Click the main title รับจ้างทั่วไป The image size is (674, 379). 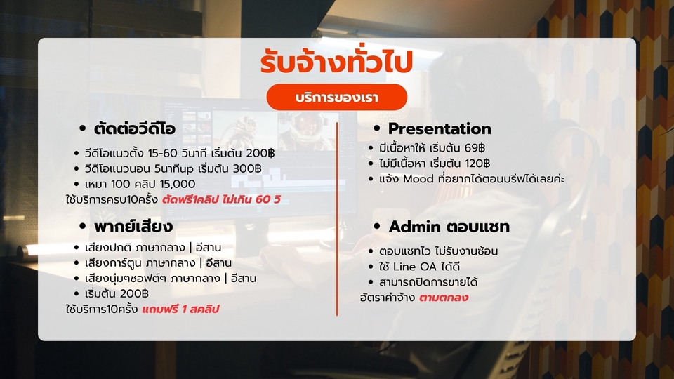pyautogui.click(x=336, y=61)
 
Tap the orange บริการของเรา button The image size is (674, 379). pyautogui.click(x=337, y=97)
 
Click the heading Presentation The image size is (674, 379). pyautogui.click(x=440, y=128)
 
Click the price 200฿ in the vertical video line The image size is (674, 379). pyautogui.click(x=260, y=153)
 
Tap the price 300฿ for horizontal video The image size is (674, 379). pyautogui.click(x=247, y=168)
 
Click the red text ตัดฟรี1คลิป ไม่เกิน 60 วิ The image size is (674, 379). pyautogui.click(x=221, y=199)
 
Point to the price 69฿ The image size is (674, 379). pyautogui.click(x=473, y=148)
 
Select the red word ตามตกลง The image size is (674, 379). pyautogui.click(x=444, y=298)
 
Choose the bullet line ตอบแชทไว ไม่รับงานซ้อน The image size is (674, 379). pyautogui.click(x=438, y=251)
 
